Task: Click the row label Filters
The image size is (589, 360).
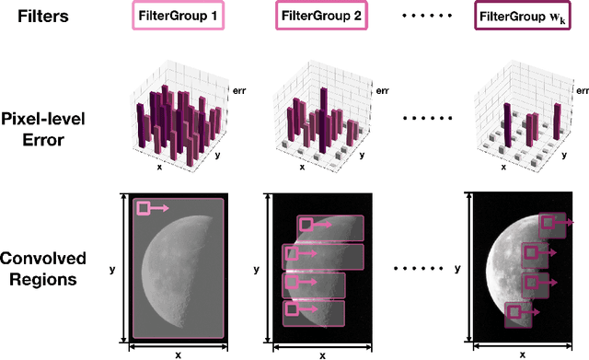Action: (x=41, y=16)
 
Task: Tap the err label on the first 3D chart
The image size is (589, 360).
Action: (x=235, y=89)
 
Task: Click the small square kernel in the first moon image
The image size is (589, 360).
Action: (x=144, y=209)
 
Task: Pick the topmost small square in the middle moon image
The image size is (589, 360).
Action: (x=306, y=225)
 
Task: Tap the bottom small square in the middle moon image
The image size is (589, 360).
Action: (x=292, y=310)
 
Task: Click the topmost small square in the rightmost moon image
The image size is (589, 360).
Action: (x=548, y=222)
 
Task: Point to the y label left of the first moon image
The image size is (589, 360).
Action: (x=112, y=269)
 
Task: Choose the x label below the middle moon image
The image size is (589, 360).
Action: (x=322, y=354)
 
